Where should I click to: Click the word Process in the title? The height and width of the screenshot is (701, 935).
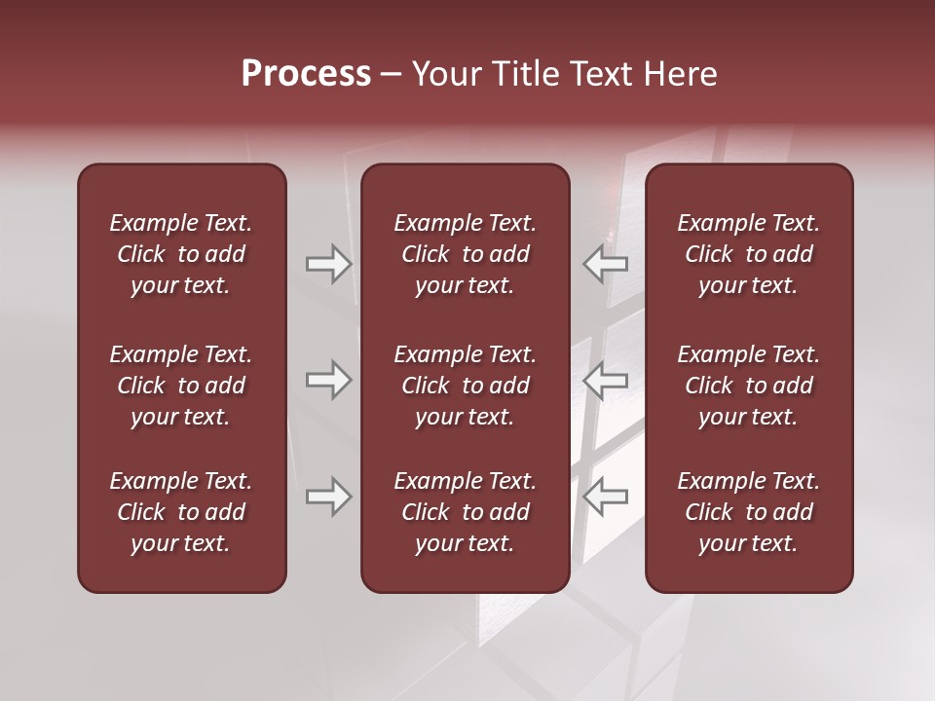click(306, 74)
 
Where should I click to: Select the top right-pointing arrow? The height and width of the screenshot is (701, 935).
click(329, 264)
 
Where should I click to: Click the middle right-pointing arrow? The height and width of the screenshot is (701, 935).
click(329, 380)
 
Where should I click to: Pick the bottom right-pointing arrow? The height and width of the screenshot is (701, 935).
click(329, 497)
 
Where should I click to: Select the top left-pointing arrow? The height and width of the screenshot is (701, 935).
click(605, 264)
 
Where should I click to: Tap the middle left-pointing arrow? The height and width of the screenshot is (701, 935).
click(605, 380)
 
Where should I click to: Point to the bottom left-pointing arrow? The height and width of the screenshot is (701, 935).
click(605, 497)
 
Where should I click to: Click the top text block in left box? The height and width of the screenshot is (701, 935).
click(181, 254)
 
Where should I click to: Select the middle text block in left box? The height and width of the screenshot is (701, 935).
click(181, 386)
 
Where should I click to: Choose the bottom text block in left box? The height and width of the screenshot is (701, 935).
click(181, 512)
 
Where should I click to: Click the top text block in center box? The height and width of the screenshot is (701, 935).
click(465, 254)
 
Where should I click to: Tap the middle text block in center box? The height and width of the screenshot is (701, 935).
click(465, 386)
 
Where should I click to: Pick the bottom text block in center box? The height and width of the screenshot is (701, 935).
click(465, 512)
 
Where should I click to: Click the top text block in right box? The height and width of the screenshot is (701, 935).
click(748, 254)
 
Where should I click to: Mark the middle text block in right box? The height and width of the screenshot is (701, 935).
click(748, 386)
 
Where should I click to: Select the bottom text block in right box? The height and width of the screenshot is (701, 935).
click(748, 512)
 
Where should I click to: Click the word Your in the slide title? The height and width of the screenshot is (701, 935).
click(446, 74)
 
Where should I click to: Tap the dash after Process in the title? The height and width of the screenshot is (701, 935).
click(391, 75)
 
